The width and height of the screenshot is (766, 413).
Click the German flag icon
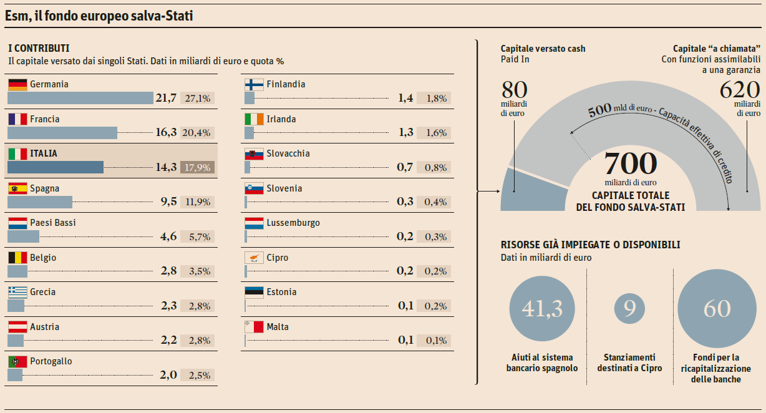pos(17,85)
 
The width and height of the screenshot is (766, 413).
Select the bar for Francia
pos(62,132)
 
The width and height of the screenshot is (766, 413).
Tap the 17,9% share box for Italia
pos(197,167)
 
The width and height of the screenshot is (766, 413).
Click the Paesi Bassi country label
pos(53,223)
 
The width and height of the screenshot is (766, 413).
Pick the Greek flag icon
pos(17,292)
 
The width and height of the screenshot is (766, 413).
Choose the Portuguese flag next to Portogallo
pos(17,361)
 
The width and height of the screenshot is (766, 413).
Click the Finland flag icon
pos(254,85)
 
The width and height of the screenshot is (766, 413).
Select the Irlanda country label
pos(281,119)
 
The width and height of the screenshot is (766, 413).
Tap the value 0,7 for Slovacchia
pos(405,167)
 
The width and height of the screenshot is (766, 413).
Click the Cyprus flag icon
pos(254,258)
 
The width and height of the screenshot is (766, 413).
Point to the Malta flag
pos(254,327)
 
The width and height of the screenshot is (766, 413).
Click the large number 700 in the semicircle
pos(631,164)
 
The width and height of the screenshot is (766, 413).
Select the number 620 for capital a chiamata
pos(740,90)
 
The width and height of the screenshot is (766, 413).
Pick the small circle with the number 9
pos(629,309)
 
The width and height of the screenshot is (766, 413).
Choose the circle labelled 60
pos(716,309)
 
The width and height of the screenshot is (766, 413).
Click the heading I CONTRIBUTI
pos(39,48)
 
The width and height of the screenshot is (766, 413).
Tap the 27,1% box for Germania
pos(197,98)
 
